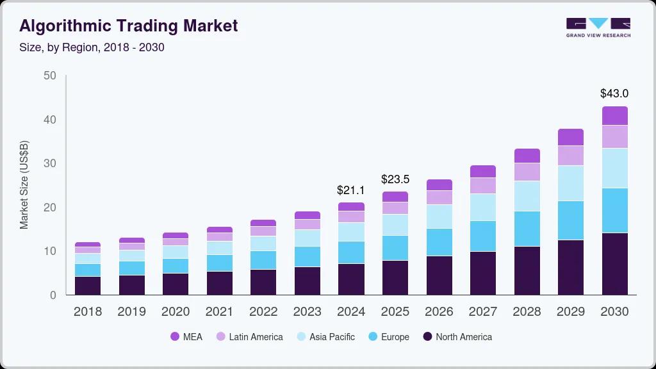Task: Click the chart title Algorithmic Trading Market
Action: coord(129,26)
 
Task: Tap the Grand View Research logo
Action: coord(598,28)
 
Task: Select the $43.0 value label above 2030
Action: coord(614,94)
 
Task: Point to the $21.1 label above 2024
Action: coord(351,190)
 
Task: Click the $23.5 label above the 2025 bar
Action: coord(395,179)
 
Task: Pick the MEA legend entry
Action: coord(186,336)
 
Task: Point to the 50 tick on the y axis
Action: coord(49,76)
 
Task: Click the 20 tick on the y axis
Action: coord(49,208)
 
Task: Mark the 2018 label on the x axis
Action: coord(88,312)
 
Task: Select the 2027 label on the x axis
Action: coord(482,312)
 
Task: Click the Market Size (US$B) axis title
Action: coord(24,184)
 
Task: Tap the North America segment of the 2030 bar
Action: coord(614,263)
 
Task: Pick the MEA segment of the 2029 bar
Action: coord(570,137)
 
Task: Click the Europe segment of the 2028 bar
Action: coord(527,229)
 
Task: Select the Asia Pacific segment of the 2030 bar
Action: coord(614,168)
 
